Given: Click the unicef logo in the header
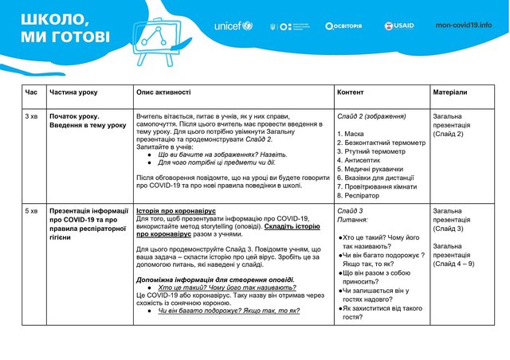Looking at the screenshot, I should [x=233, y=25].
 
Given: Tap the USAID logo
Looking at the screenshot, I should [x=399, y=25].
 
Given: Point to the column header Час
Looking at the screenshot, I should [x=31, y=93].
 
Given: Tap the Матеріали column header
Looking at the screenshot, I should [x=450, y=93].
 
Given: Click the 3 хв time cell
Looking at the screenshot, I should [x=32, y=116].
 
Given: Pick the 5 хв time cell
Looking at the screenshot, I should [x=32, y=211].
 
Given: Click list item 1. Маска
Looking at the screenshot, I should [x=351, y=134].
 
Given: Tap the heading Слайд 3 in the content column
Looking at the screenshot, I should [x=350, y=211].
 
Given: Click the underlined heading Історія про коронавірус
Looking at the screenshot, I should [x=176, y=211].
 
